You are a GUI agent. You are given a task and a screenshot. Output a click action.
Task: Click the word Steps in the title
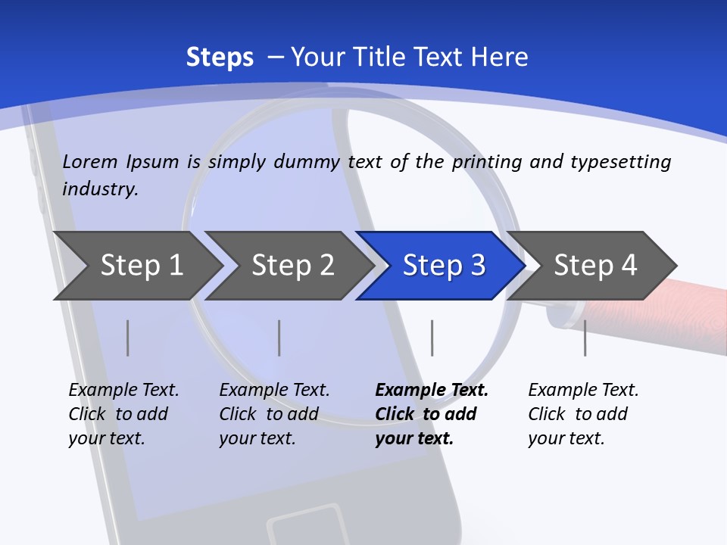(220, 58)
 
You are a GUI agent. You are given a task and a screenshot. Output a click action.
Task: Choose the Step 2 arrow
(292, 265)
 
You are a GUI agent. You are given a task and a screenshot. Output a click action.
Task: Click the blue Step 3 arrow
(444, 265)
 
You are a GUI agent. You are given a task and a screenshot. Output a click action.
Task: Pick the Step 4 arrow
(595, 265)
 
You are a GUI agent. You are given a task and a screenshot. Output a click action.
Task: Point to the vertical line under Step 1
(128, 338)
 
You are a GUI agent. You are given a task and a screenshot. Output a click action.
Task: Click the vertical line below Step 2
(279, 338)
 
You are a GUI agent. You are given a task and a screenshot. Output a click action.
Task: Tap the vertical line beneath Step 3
(432, 338)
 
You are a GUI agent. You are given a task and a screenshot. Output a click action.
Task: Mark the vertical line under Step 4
(585, 338)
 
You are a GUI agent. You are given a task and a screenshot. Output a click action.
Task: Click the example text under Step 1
(123, 414)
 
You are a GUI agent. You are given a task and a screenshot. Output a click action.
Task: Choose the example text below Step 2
(274, 414)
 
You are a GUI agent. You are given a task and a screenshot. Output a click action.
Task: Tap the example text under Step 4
(583, 414)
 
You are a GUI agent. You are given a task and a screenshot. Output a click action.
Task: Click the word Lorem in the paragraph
(90, 161)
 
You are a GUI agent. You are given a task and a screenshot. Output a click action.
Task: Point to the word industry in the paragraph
(99, 189)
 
